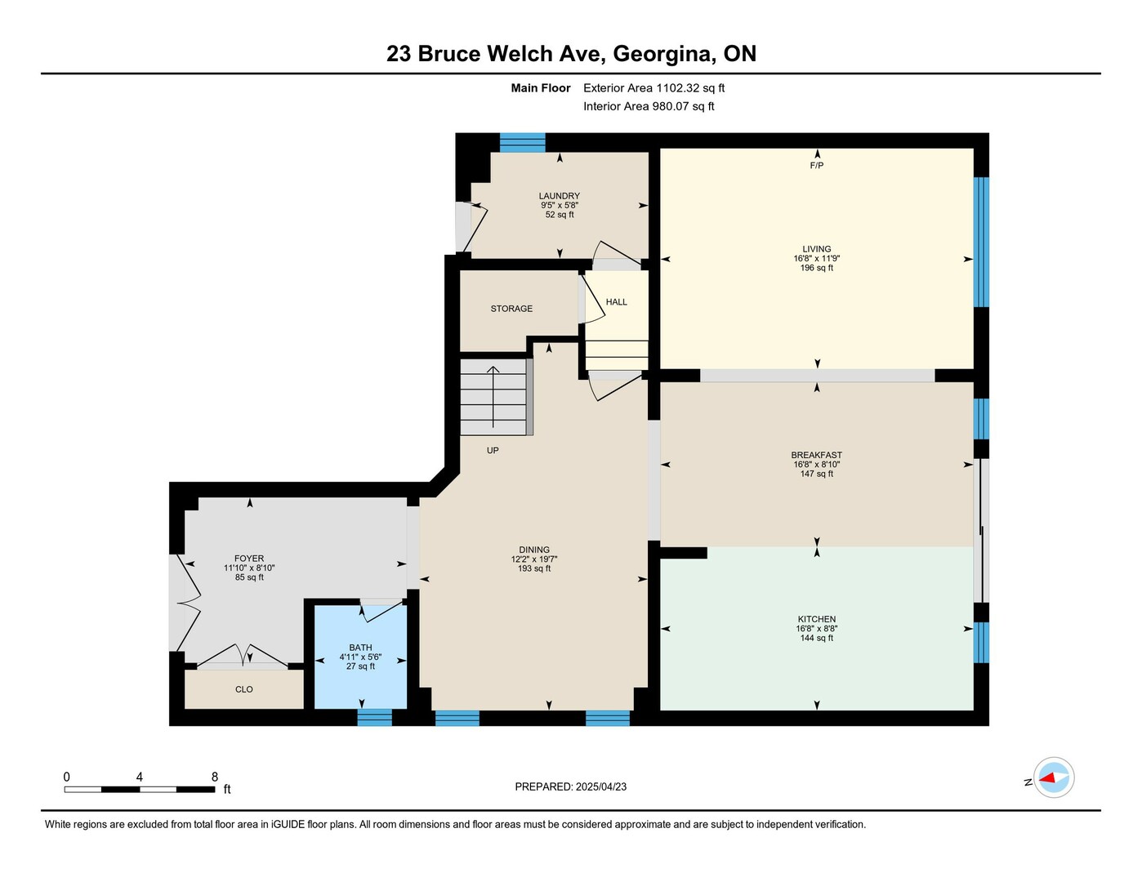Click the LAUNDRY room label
click(x=560, y=196)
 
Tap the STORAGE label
click(x=511, y=309)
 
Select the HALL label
click(x=617, y=302)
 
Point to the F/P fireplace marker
click(x=817, y=166)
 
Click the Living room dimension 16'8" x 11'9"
click(x=817, y=258)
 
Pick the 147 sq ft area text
click(x=817, y=474)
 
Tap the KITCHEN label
click(x=817, y=619)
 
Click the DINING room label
click(x=534, y=550)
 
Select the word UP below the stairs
click(x=493, y=450)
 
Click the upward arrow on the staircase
click(x=493, y=397)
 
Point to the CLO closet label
click(x=244, y=689)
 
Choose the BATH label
click(x=360, y=648)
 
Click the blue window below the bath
click(x=375, y=718)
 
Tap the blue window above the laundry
click(x=522, y=142)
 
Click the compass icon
click(x=1054, y=778)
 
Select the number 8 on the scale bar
click(x=214, y=777)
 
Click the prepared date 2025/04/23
click(x=601, y=787)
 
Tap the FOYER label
click(x=249, y=559)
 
